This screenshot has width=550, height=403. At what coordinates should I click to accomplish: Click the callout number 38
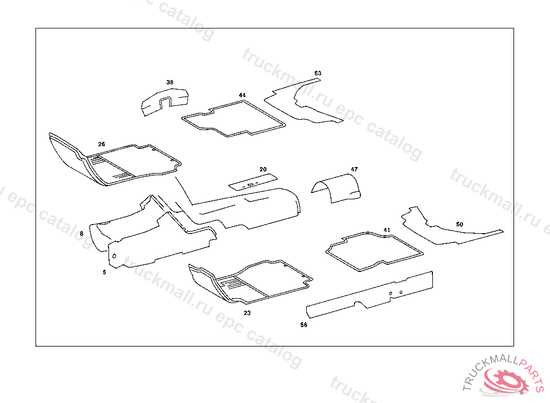click(x=170, y=82)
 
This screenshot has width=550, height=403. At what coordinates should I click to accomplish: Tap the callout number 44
click(x=242, y=95)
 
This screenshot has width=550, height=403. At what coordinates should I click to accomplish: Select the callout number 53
click(x=318, y=73)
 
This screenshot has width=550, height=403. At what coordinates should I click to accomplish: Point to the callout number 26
click(x=102, y=144)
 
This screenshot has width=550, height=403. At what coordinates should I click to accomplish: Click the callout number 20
click(x=263, y=169)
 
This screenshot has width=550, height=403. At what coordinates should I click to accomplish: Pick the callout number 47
click(x=354, y=169)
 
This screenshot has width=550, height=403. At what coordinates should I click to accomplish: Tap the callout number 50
click(x=459, y=224)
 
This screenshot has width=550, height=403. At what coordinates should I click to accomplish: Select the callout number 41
click(x=386, y=230)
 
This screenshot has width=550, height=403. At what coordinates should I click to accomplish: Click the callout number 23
click(x=247, y=312)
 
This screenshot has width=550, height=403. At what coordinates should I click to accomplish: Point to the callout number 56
click(x=303, y=325)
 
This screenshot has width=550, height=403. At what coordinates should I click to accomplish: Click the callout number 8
click(x=82, y=234)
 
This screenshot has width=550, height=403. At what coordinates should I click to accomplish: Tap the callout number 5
click(x=104, y=272)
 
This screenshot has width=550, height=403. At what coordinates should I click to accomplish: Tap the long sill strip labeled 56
click(x=371, y=294)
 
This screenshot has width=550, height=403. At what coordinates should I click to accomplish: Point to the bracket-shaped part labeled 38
click(x=164, y=100)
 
